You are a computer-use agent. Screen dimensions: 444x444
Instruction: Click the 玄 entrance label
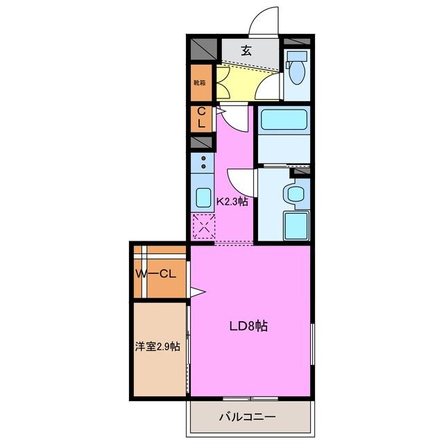click(246, 50)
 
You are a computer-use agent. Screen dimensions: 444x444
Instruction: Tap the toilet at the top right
click(297, 67)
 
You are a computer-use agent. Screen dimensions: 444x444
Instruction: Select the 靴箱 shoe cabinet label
click(199, 82)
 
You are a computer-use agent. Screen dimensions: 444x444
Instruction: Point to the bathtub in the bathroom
click(283, 122)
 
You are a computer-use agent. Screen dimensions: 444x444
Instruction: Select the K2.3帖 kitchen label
click(233, 201)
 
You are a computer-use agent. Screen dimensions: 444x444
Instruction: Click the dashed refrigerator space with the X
click(203, 226)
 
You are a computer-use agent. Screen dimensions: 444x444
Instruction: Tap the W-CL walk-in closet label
click(159, 274)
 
